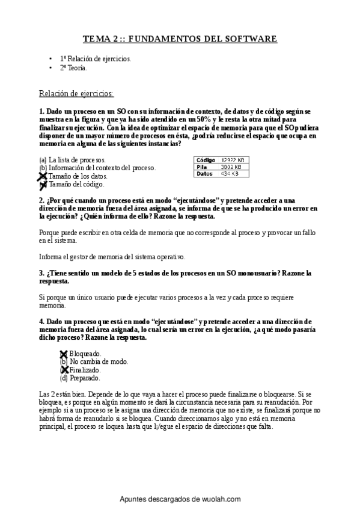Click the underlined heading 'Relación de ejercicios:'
point(76,93)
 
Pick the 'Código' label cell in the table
point(204,159)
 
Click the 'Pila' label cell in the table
point(201,167)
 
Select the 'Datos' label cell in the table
point(204,174)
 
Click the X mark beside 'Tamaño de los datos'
point(42,176)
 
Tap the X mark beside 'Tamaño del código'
point(42,184)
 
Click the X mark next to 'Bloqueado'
point(64,354)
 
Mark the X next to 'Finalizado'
point(64,370)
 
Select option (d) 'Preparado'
point(80,378)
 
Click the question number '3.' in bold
point(41,273)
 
